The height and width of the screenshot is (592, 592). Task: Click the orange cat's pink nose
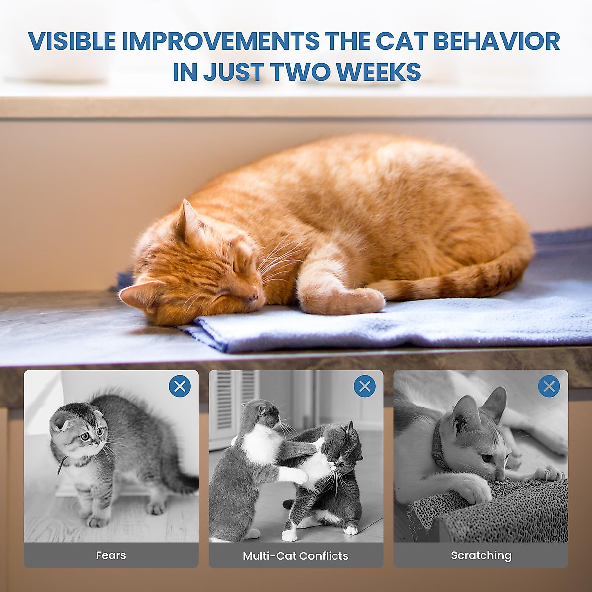(253, 296)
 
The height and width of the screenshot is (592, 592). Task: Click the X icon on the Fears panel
(180, 386)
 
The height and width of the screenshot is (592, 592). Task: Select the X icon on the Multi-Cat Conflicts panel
(365, 386)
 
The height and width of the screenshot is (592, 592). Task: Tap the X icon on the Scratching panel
(549, 386)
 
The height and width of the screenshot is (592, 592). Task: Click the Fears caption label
(111, 555)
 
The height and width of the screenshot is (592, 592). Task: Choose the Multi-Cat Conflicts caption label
(296, 556)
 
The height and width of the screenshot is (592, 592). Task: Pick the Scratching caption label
(481, 555)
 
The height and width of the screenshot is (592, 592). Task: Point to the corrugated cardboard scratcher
(488, 513)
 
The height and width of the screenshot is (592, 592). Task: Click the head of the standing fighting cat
(261, 414)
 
